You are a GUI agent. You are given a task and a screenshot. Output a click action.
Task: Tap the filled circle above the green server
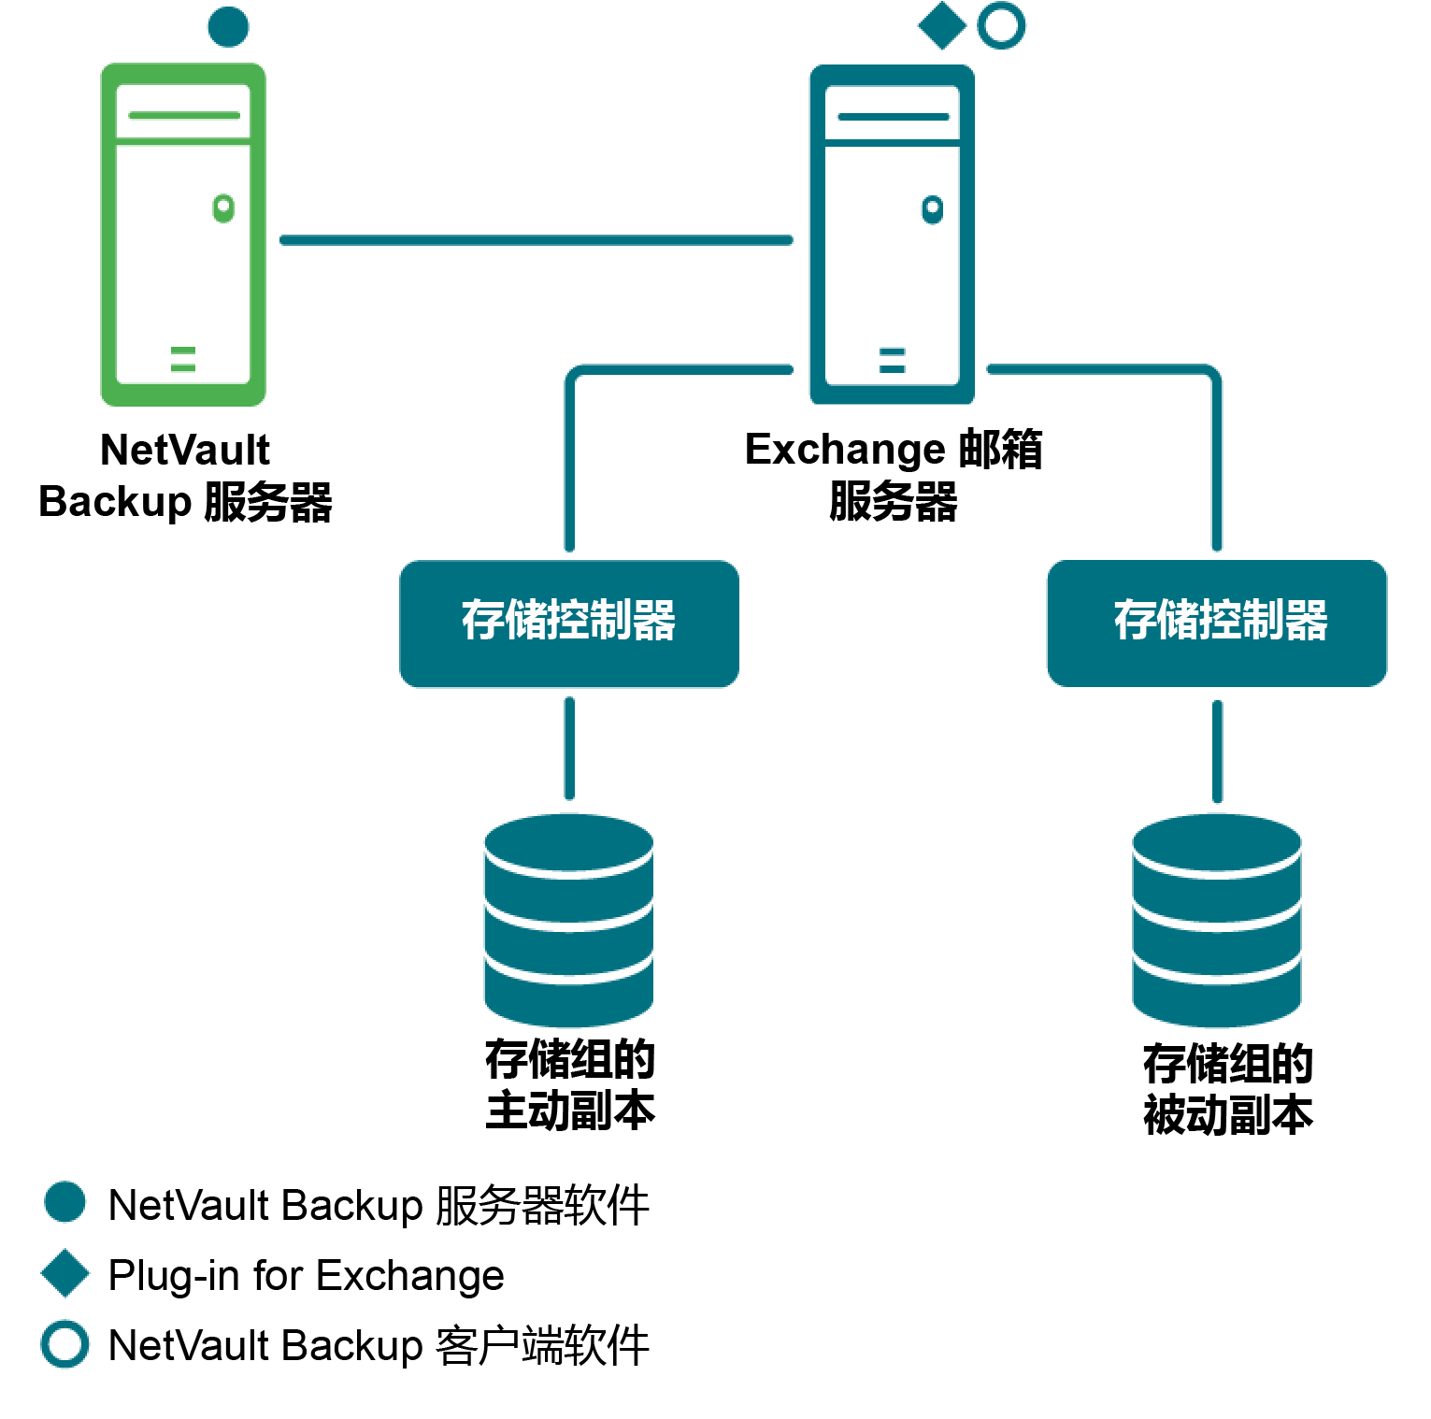tap(228, 26)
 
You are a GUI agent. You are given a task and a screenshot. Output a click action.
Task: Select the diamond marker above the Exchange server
tap(942, 25)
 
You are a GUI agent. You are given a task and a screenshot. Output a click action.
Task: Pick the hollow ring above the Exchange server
tap(1001, 25)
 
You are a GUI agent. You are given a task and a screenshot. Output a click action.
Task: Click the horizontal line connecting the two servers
tap(536, 240)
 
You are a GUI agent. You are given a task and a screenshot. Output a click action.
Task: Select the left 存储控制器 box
tap(569, 623)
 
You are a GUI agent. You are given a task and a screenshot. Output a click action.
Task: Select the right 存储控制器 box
tap(1217, 623)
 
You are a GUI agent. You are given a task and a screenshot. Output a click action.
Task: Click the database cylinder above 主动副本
tap(569, 920)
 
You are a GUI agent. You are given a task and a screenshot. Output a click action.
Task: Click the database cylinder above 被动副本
tap(1217, 920)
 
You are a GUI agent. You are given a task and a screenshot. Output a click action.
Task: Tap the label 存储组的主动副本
tap(570, 1085)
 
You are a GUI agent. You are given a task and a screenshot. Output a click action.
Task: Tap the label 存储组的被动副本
tap(1228, 1089)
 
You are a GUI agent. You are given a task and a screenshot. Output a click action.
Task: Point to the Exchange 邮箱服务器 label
tap(894, 475)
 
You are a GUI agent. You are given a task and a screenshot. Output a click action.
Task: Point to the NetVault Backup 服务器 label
tap(185, 475)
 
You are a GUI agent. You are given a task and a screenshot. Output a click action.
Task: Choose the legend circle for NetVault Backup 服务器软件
tap(65, 1202)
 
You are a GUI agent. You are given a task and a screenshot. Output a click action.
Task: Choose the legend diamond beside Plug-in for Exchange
tap(65, 1273)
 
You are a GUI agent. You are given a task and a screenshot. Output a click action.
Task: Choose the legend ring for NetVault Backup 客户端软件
tap(65, 1344)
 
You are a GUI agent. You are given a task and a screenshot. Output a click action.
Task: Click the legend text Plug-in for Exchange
tap(307, 1275)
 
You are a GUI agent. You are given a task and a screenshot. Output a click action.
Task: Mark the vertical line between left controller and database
tap(569, 748)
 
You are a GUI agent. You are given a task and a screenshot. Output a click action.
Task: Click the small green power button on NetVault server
tap(223, 208)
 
